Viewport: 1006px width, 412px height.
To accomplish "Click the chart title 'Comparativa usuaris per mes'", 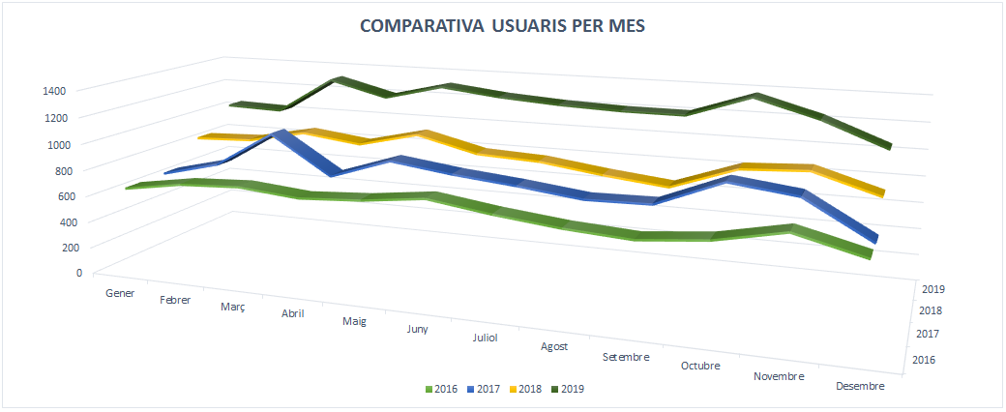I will coord(502,26).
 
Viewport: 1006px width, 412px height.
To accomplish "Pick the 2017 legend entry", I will coord(485,389).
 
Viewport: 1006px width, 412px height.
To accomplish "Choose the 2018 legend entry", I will coord(527,389).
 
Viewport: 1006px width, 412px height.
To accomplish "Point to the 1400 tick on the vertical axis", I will coord(54,91).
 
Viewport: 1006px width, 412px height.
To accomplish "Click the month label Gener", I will coord(120,293).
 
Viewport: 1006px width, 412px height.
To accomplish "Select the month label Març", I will coord(232,307).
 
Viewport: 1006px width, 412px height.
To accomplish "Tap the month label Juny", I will coord(418,329).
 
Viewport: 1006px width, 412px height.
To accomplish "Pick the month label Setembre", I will coord(626,356).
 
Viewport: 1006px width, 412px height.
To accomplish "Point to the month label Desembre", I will coord(859,386).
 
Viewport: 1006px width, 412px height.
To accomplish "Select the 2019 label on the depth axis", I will coord(933,288).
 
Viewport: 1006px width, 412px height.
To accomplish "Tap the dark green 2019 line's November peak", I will coord(756,97).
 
